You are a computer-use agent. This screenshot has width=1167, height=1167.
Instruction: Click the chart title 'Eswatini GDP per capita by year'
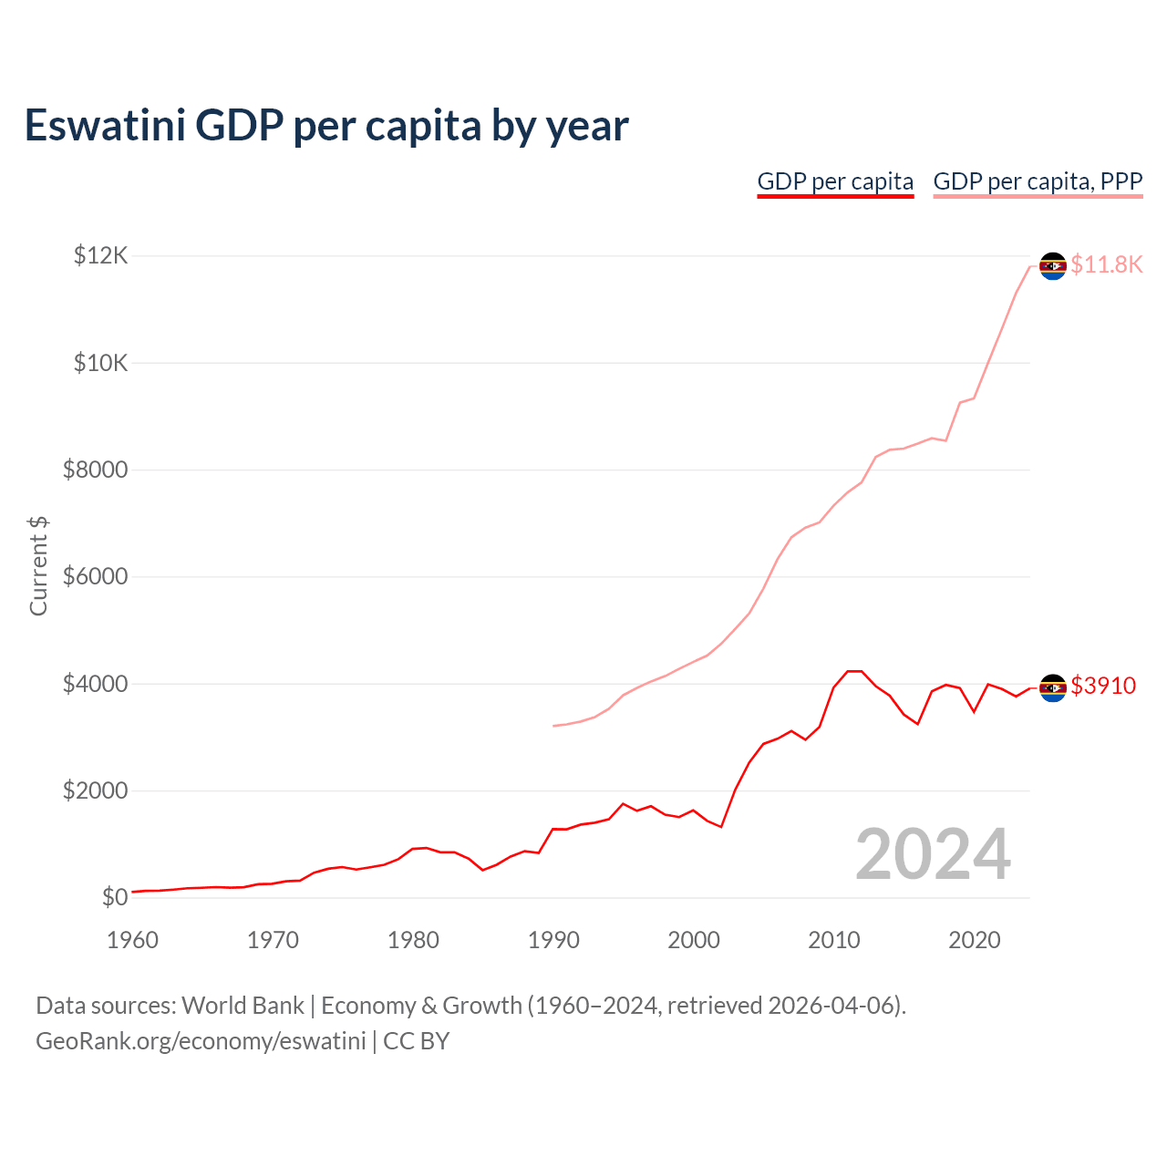pyautogui.click(x=326, y=126)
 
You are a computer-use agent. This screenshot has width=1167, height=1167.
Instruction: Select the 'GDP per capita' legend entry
pyautogui.click(x=835, y=181)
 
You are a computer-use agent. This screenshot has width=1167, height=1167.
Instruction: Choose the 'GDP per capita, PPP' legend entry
pyautogui.click(x=1038, y=181)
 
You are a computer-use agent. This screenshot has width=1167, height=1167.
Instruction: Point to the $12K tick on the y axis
pyautogui.click(x=100, y=255)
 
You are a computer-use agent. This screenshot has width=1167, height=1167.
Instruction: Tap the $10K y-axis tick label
pyautogui.click(x=100, y=363)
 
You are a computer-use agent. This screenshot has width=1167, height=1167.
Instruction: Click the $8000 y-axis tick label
pyautogui.click(x=95, y=470)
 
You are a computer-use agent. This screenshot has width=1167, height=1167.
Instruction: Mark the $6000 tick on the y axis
pyautogui.click(x=95, y=576)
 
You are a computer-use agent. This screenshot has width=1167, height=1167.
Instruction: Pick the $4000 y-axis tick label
pyautogui.click(x=95, y=684)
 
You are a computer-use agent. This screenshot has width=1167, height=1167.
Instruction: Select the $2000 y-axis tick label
pyautogui.click(x=95, y=790)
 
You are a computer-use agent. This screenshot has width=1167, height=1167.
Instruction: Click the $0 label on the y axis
pyautogui.click(x=114, y=897)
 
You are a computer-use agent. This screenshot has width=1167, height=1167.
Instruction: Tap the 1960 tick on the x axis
pyautogui.click(x=133, y=940)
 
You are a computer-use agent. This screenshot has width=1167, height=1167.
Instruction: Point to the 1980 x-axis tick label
pyautogui.click(x=413, y=940)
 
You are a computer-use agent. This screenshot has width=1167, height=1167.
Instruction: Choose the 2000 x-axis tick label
pyautogui.click(x=694, y=940)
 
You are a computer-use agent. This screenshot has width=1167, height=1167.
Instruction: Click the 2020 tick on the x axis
pyautogui.click(x=975, y=940)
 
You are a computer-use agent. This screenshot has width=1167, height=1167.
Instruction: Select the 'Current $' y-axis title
pyautogui.click(x=38, y=565)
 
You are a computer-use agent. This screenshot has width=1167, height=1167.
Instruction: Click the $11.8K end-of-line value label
pyautogui.click(x=1106, y=264)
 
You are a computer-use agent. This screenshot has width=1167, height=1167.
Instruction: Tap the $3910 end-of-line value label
pyautogui.click(x=1103, y=686)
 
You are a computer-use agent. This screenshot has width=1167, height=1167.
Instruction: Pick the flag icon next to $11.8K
pyautogui.click(x=1053, y=265)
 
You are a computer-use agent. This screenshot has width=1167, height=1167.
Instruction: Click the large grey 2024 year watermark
pyautogui.click(x=933, y=854)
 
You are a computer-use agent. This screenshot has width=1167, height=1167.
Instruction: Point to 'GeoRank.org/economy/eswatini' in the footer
pyautogui.click(x=201, y=1041)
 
